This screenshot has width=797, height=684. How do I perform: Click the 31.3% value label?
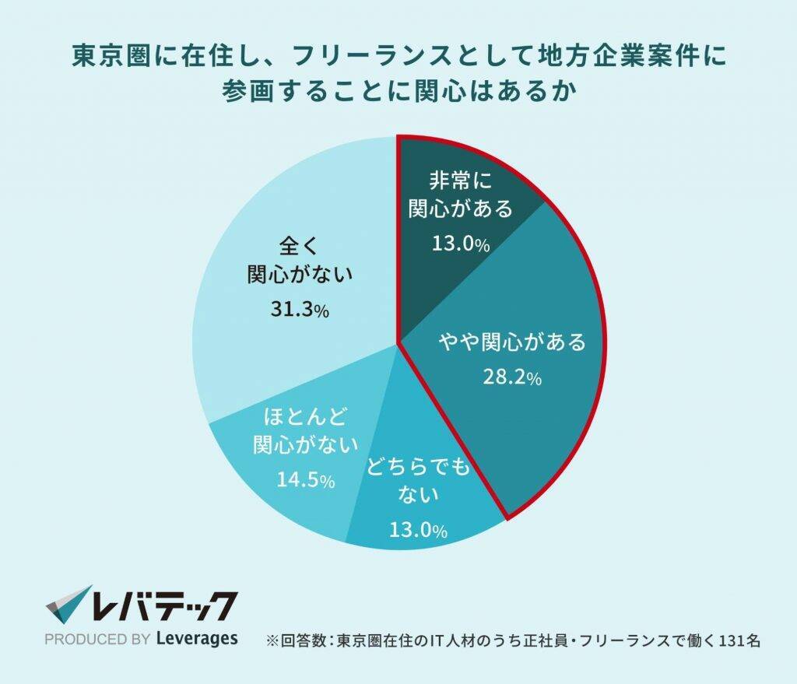point(300,310)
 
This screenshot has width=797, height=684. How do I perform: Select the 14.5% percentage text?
point(306,480)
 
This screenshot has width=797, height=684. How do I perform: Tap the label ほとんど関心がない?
point(306,430)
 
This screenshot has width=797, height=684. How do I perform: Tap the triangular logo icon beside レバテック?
point(69,605)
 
